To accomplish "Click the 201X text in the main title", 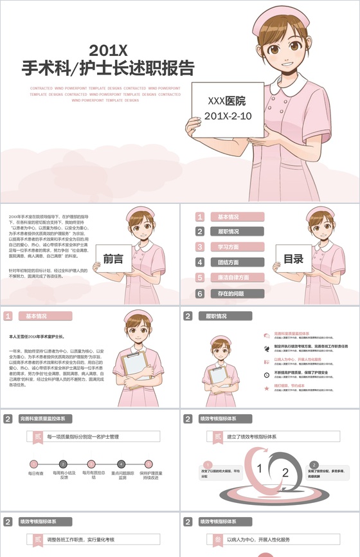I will pyautogui.click(x=109, y=50).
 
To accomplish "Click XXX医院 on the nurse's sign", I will pyautogui.click(x=227, y=101).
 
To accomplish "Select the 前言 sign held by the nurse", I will pyautogui.click(x=113, y=259).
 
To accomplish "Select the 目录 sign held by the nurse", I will pyautogui.click(x=293, y=259).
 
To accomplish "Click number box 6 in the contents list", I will pyautogui.click(x=201, y=293).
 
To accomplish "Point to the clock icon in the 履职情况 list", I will pyautogui.click(x=267, y=374).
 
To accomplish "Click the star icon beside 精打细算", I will pyautogui.click(x=267, y=388).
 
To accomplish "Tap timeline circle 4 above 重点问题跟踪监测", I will pyautogui.click(x=122, y=464).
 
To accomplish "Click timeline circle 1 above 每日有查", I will pyautogui.click(x=35, y=464).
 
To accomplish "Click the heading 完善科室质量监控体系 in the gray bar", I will pyautogui.click(x=42, y=419).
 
